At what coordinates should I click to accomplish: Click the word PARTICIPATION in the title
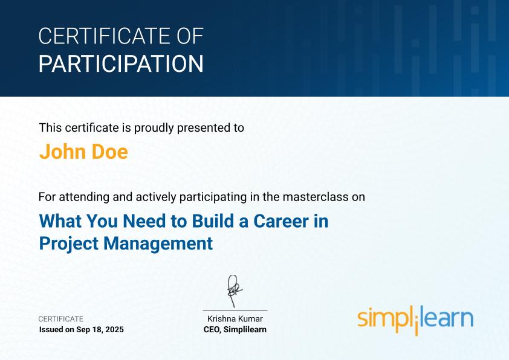121,63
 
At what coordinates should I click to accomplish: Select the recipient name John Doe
84,152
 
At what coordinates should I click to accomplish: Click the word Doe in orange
110,152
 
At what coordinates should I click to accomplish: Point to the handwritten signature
235,291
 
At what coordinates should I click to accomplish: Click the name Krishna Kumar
235,319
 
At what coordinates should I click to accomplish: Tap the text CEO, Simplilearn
235,330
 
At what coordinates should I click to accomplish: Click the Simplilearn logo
415,320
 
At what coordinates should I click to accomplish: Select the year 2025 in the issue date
115,330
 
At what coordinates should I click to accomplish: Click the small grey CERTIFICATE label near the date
61,319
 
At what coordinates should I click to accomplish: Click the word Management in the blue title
158,243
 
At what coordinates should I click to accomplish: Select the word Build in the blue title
213,221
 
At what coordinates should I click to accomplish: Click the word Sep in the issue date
82,330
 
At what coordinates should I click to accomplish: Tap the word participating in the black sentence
213,197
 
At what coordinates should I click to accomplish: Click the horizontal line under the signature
235,310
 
